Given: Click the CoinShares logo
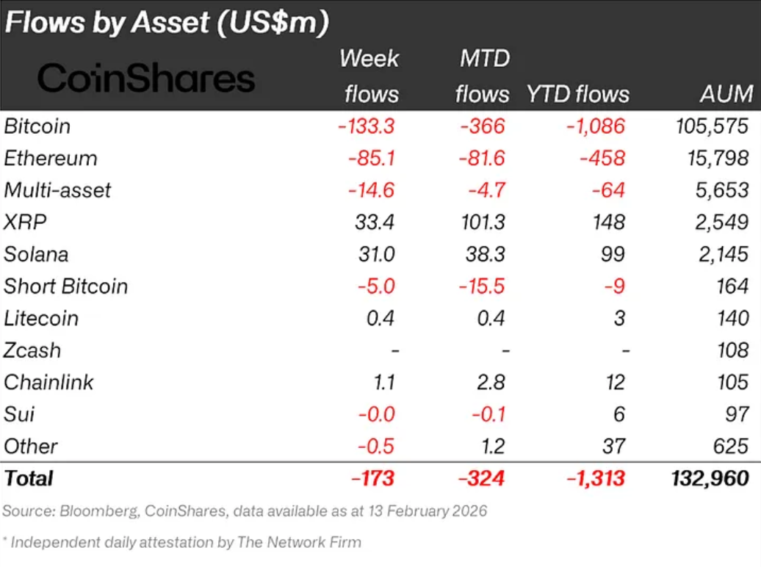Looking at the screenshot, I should click(x=146, y=79).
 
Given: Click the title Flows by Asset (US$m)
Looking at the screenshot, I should click(x=166, y=23).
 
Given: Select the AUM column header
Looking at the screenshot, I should click(x=726, y=94).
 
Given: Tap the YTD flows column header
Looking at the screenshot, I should click(x=577, y=94).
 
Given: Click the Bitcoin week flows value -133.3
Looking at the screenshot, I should click(x=367, y=126).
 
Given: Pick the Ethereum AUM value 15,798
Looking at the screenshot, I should click(x=712, y=158).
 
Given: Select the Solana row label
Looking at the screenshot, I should click(x=36, y=254).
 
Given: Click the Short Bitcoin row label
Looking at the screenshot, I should click(x=66, y=286).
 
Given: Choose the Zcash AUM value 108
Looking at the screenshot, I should click(x=732, y=350).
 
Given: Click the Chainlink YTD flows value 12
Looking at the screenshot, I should click(x=616, y=382).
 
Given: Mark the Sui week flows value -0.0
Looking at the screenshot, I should click(x=376, y=414).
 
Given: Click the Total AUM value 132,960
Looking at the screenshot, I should click(x=710, y=479).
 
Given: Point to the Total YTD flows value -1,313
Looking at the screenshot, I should click(x=596, y=479).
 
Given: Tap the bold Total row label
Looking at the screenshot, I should click(x=29, y=479).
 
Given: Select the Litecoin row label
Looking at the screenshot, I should click(x=41, y=318).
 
